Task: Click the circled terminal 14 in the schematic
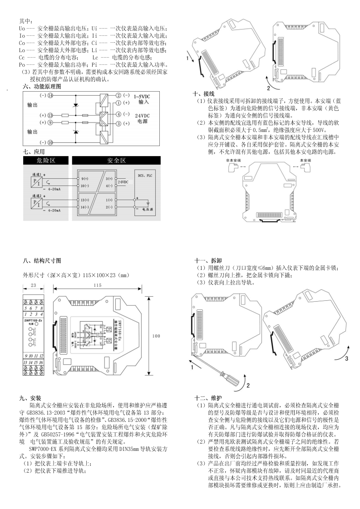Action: point(50,96)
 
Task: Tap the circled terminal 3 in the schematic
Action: point(119,123)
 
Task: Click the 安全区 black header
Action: point(116,161)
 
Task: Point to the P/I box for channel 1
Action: point(35,181)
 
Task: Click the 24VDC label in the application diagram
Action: point(123,182)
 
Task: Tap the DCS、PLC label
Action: point(146,174)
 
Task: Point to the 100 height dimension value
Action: point(156,336)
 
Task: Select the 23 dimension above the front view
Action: point(33,285)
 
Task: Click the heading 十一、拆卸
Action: point(207,261)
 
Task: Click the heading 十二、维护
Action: point(207,397)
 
